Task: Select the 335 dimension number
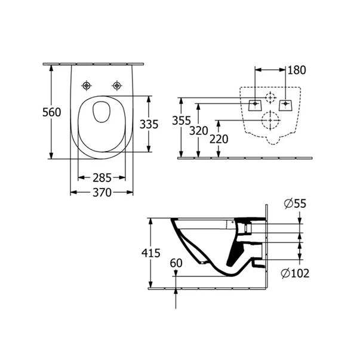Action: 148,124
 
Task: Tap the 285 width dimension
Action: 102,178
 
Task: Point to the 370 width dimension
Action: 102,192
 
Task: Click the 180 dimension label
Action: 296,70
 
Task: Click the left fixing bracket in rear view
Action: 255,104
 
